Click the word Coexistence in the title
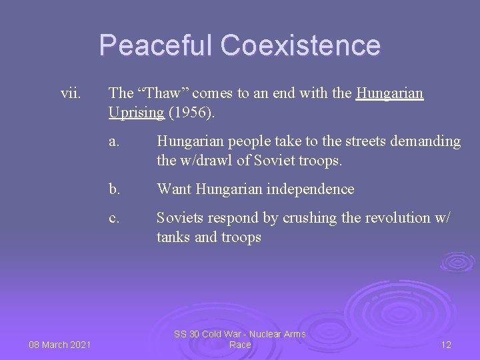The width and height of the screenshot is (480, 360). (x=301, y=45)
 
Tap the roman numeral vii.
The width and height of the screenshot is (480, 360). (x=70, y=93)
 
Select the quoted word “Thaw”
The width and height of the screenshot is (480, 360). (x=160, y=93)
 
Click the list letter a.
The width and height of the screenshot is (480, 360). (x=114, y=141)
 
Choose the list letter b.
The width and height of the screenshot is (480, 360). (x=114, y=189)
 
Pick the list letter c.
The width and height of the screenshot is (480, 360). (x=114, y=218)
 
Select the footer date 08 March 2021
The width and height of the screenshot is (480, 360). (x=59, y=344)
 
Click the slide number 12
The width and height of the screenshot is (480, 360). (x=446, y=344)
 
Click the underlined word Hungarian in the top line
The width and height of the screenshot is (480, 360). (x=390, y=93)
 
